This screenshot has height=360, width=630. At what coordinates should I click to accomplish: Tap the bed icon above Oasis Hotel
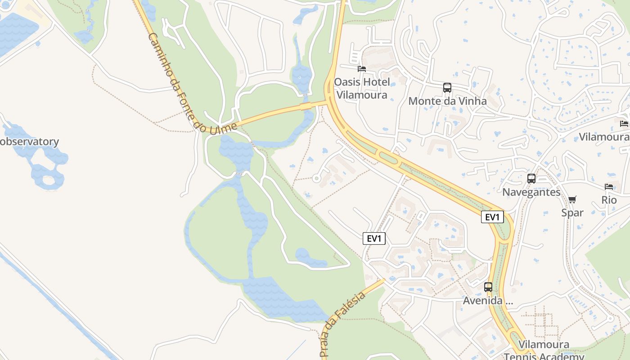[x=361, y=69]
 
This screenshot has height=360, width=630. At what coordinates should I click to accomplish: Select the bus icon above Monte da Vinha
[x=447, y=88]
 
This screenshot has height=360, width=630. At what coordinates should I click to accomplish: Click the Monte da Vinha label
[x=447, y=101]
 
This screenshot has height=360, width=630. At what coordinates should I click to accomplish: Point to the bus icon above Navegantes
[x=531, y=179]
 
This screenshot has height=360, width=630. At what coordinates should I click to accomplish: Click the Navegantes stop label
[x=531, y=193]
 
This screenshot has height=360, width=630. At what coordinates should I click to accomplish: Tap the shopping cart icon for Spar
[x=572, y=199]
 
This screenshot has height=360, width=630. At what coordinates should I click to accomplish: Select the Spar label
[x=572, y=213]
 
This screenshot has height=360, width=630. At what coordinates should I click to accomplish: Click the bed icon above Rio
[x=609, y=186]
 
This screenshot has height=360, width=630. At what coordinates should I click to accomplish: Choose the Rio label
[x=609, y=200]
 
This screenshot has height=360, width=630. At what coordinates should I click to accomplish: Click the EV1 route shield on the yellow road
[x=492, y=217]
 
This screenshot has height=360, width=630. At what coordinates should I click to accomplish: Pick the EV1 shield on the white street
[x=374, y=239]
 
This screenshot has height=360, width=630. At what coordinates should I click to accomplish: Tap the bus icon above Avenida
[x=488, y=287]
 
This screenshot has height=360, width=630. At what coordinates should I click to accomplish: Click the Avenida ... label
[x=488, y=301]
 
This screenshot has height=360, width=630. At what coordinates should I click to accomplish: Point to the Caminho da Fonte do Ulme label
[x=189, y=85]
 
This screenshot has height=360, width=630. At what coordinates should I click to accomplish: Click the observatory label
[x=29, y=142]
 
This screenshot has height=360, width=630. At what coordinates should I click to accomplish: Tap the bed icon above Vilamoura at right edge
[x=624, y=123]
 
